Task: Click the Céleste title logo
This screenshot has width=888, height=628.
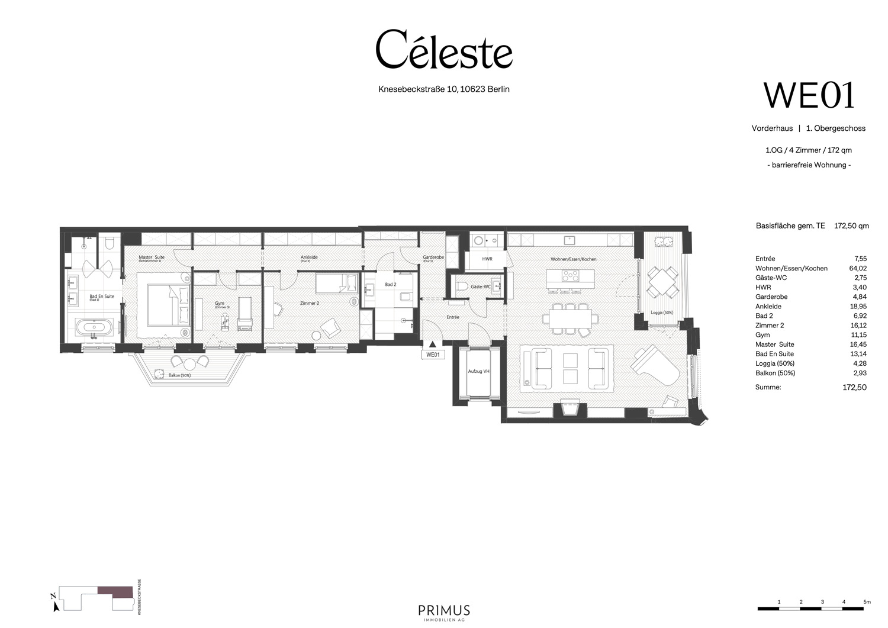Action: point(444,50)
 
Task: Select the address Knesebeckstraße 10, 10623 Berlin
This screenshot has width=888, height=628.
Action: point(444,89)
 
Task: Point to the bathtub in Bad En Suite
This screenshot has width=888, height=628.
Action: point(94,327)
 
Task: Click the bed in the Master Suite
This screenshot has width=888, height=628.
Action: point(163,304)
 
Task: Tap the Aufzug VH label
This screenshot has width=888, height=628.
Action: point(478,371)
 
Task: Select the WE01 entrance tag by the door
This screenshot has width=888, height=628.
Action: point(433,355)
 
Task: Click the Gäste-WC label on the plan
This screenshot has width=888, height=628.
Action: point(480,286)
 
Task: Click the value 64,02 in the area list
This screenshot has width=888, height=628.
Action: point(858,268)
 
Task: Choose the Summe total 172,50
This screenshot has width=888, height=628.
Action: point(854,388)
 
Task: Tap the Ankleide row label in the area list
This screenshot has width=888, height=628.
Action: point(768,307)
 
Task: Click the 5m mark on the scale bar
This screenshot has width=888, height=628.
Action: point(867,602)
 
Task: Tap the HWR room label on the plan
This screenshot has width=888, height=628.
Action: point(487,259)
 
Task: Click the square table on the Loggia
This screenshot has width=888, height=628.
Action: point(662,283)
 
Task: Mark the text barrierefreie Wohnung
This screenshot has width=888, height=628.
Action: point(809,165)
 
